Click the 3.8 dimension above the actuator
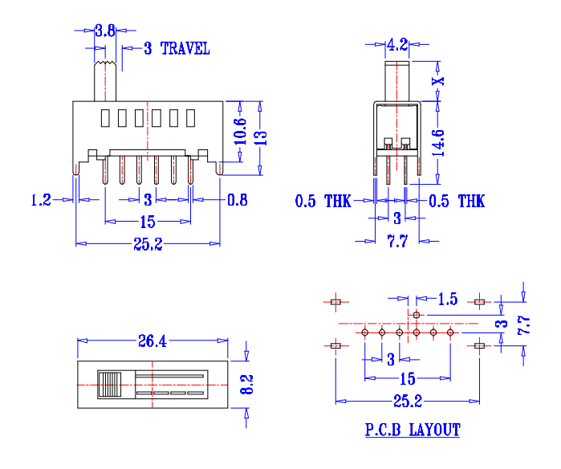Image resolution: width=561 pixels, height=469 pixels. point(105,31)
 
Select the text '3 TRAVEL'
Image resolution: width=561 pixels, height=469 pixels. point(177,49)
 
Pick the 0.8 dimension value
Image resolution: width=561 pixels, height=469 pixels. point(238,200)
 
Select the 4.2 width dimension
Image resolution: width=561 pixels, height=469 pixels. point(398,44)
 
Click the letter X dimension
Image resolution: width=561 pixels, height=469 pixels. point(437,80)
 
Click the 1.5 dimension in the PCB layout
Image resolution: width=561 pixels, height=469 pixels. point(448,300)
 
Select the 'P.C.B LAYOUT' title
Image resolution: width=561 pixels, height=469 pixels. point(413,430)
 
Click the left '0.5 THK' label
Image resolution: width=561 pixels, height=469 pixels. point(323,201)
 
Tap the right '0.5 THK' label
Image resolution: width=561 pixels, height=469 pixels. point(457,201)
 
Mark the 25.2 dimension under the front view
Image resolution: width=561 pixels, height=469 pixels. point(148,244)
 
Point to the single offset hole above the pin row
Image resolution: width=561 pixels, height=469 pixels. point(417,314)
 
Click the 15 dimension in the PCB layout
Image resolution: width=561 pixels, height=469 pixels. point(407,379)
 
